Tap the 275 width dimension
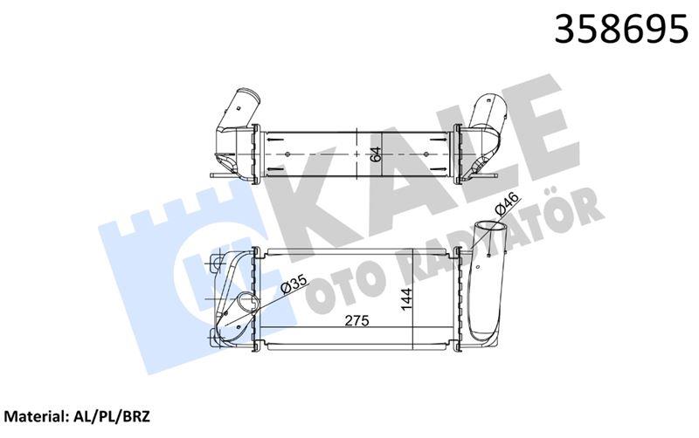[355, 321]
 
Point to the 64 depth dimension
[376, 154]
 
